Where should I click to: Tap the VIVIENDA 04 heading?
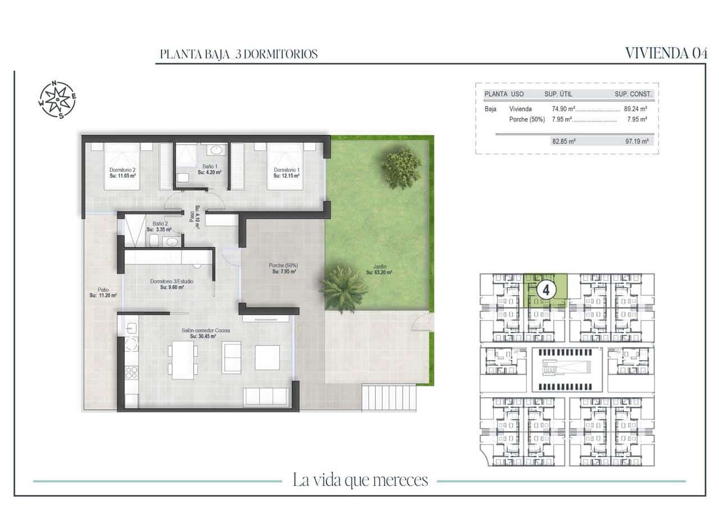(x=666, y=53)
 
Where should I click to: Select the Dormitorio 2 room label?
(x=122, y=170)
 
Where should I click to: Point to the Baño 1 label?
(x=210, y=166)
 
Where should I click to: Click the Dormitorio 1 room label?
(x=286, y=170)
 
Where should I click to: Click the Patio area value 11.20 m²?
(x=103, y=295)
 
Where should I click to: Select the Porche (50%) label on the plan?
(x=283, y=265)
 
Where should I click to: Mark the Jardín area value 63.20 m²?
(x=379, y=273)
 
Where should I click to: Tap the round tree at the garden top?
(x=401, y=168)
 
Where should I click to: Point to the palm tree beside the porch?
(x=343, y=288)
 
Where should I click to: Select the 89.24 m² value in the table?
(x=635, y=109)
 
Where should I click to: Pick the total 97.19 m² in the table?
(x=635, y=141)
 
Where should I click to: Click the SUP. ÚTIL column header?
(x=558, y=94)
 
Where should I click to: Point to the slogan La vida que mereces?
(x=360, y=480)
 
